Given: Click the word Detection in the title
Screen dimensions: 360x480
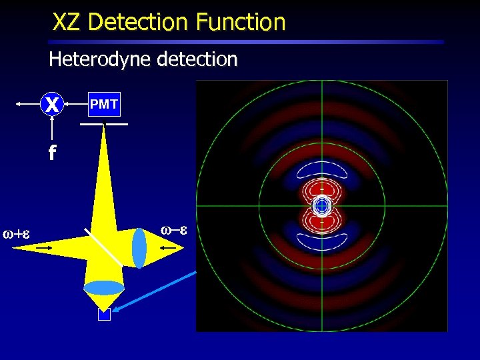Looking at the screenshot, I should [138, 23].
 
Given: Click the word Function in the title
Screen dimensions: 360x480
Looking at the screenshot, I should [241, 23].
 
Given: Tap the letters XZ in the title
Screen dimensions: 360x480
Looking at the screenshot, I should [68, 23].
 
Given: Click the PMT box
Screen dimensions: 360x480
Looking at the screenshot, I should [103, 104].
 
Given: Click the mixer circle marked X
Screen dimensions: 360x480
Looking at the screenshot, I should [52, 104].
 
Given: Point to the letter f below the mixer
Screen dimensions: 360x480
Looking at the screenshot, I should [51, 154].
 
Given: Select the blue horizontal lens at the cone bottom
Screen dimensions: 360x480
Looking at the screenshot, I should [103, 288].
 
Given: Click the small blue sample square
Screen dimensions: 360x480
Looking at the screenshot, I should [104, 315].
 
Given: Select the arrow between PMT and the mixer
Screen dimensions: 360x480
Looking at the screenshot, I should [75, 104].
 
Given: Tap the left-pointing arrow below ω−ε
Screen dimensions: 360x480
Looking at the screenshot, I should [169, 247].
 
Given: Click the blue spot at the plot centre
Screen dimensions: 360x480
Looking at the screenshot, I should [322, 206].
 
